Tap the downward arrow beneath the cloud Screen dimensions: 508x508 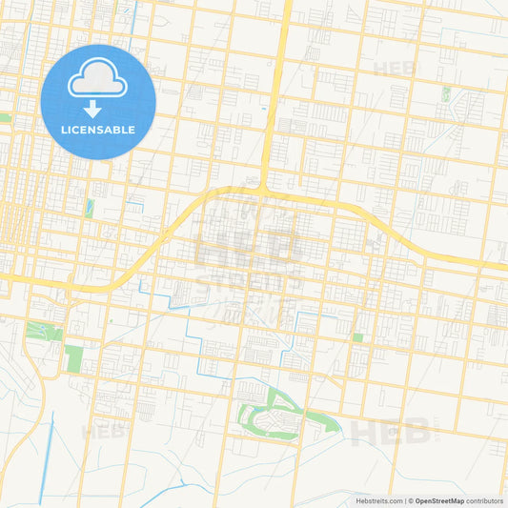[98, 107]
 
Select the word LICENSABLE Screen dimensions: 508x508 [98, 130]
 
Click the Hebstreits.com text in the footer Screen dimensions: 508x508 [376, 500]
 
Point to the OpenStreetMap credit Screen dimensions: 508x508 [437, 500]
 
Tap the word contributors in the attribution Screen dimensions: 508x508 [485, 500]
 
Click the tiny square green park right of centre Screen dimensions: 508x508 [357, 336]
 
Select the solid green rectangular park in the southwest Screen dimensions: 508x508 [73, 359]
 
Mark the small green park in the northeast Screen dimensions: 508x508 [445, 93]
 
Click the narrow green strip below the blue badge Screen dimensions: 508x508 [90, 208]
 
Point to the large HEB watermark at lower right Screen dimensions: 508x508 [391, 433]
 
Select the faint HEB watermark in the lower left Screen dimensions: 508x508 [103, 432]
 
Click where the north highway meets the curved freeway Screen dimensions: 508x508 [265, 191]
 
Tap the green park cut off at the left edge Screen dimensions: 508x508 [4, 117]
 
